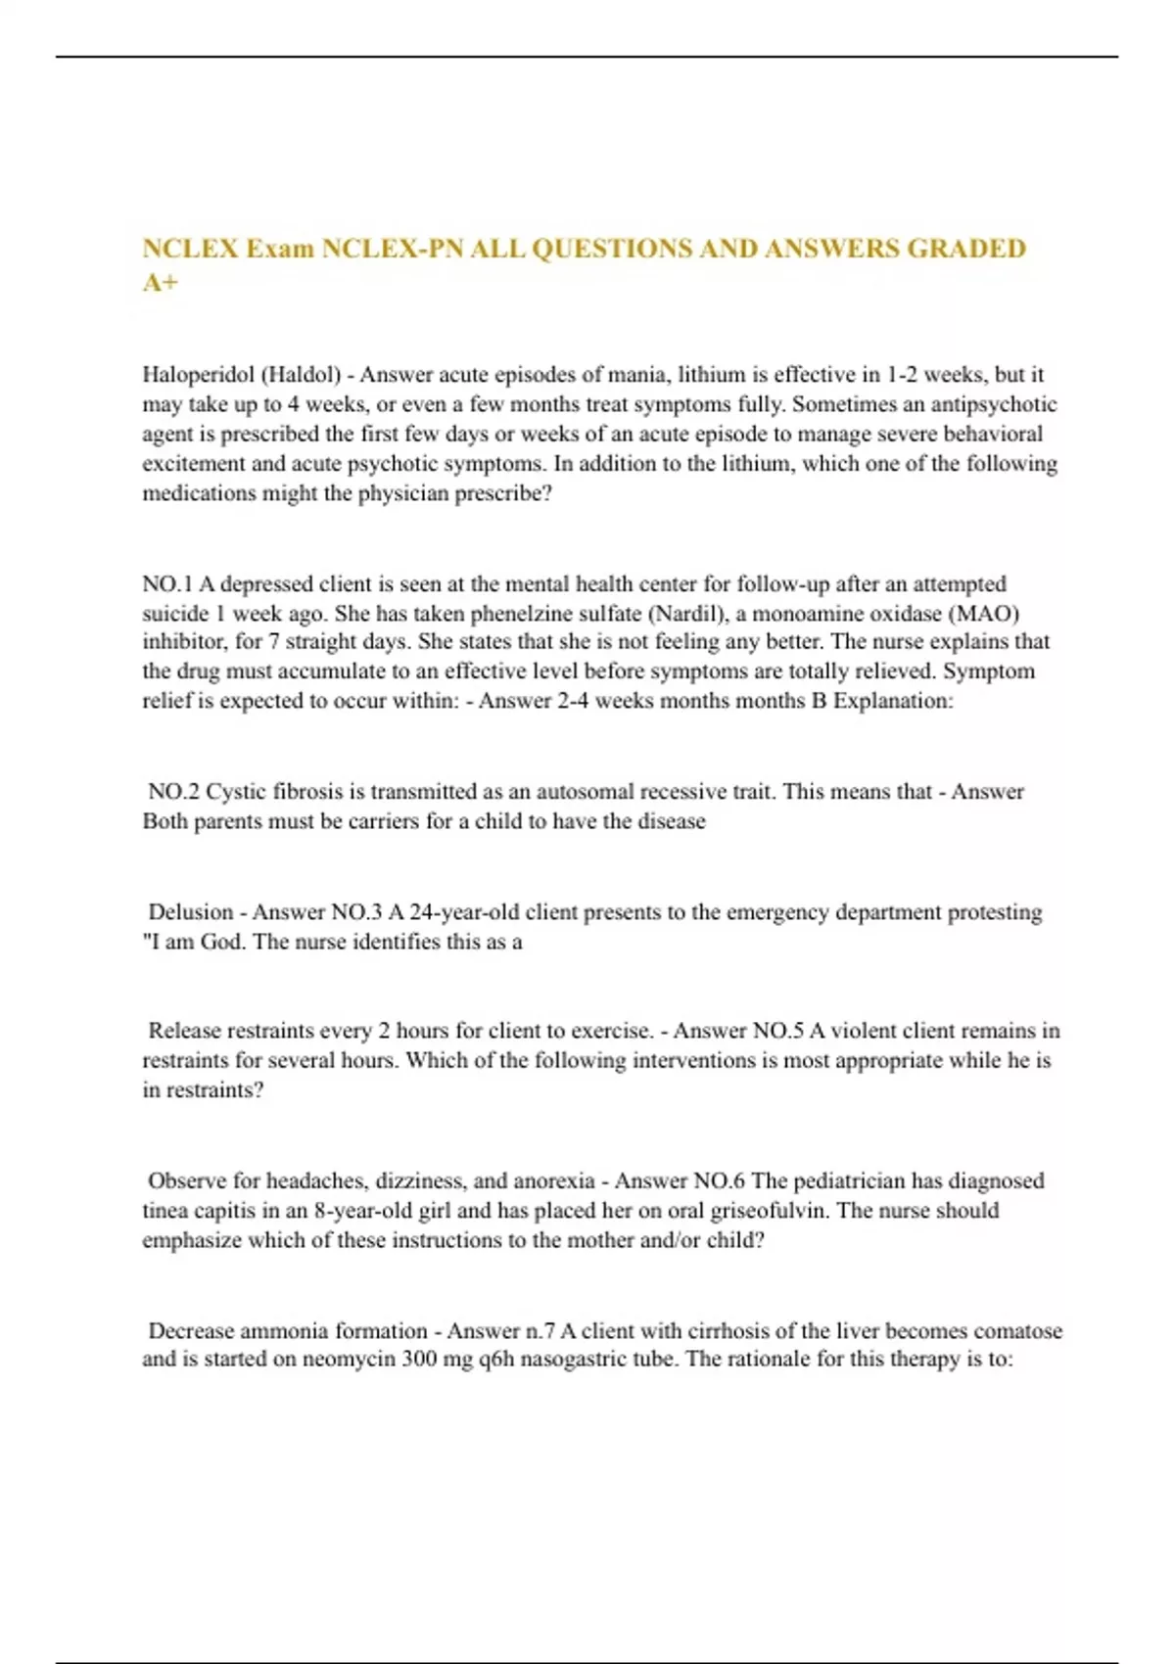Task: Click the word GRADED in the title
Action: tap(966, 249)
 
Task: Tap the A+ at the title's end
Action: tap(161, 283)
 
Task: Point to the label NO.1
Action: tap(167, 584)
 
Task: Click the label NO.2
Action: tap(174, 792)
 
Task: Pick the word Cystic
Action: tap(236, 792)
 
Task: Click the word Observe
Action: tap(188, 1181)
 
